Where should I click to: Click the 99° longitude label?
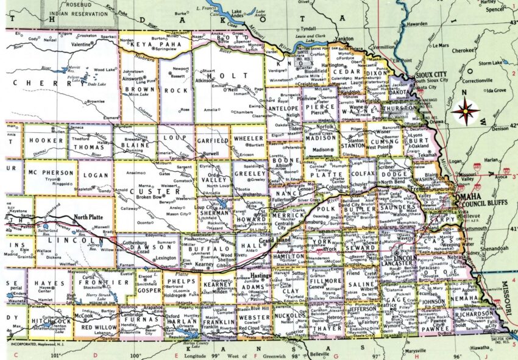214,355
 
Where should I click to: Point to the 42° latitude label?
513,125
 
